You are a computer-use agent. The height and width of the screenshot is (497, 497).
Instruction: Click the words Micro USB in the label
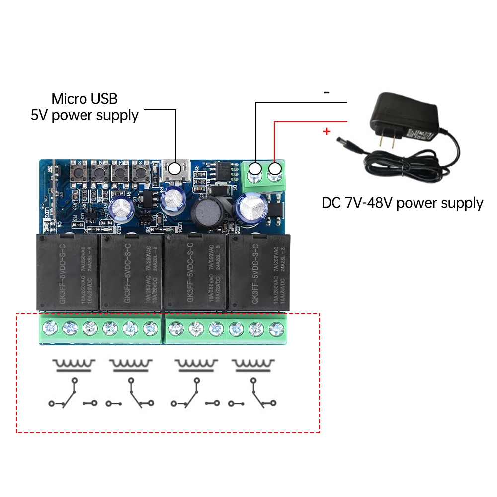[84, 99]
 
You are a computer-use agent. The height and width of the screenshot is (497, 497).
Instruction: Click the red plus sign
[327, 132]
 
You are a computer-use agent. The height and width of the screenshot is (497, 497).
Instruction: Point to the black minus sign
[327, 92]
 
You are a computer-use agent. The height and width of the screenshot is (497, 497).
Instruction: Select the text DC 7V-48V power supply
[402, 203]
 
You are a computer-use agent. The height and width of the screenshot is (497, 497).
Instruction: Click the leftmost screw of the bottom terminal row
[49, 328]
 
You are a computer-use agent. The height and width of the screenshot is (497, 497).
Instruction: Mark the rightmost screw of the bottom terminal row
[275, 328]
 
